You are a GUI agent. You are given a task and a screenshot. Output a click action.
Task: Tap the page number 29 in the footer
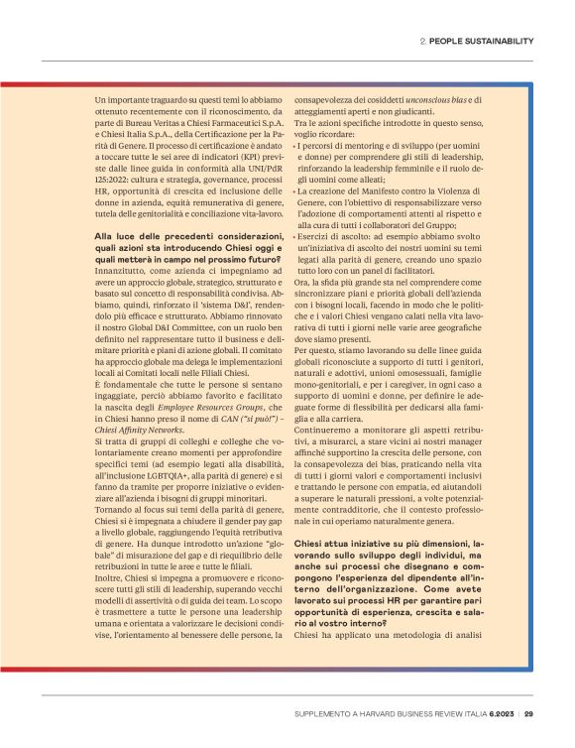click(529, 713)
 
